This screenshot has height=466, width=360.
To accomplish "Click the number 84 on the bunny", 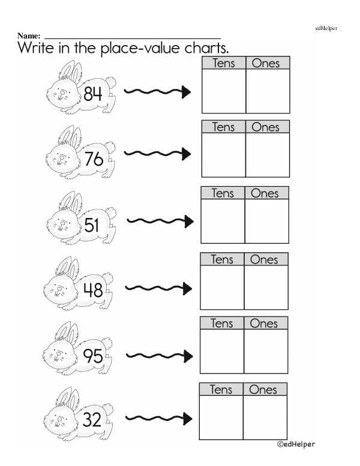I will (x=94, y=93).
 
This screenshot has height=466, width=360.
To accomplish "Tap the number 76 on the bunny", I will (x=94, y=159).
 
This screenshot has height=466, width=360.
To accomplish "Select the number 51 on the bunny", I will (x=92, y=225).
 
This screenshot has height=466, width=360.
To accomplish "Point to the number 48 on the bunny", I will (x=93, y=291).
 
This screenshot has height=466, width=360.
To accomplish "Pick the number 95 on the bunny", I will (x=93, y=357).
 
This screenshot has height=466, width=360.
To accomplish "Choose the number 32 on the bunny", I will (x=92, y=420).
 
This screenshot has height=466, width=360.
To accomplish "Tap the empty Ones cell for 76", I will (x=267, y=155).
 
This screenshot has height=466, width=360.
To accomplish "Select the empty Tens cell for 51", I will (x=223, y=221).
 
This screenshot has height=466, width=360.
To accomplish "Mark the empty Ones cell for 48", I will (x=266, y=287).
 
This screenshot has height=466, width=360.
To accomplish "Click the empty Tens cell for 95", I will (x=222, y=351).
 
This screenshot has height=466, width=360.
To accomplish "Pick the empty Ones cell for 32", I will (x=265, y=417).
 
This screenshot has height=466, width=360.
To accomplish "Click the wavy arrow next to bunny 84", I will (x=157, y=91).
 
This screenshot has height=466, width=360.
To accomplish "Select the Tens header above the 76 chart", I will (x=224, y=127).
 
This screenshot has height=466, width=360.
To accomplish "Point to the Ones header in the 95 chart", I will (x=265, y=324).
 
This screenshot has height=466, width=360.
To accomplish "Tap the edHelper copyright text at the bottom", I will (x=296, y=444).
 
